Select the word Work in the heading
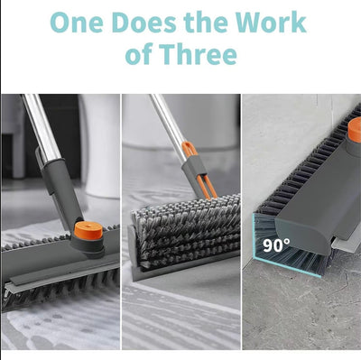[x=271, y=23]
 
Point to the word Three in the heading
[x=198, y=54]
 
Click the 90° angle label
[x=276, y=245]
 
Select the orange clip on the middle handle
[x=199, y=170]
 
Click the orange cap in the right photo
[x=355, y=130]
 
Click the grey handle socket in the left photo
[x=60, y=192]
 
